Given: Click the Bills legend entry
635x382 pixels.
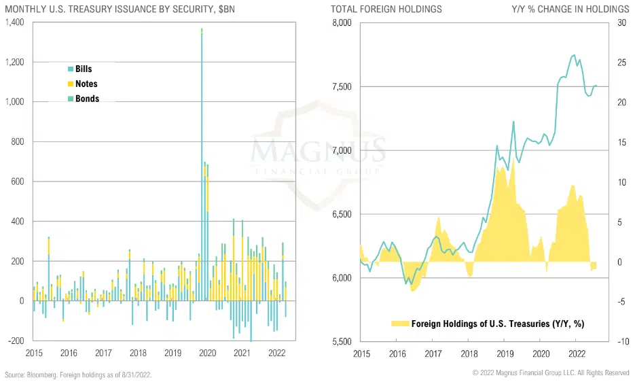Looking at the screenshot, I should point(84,69).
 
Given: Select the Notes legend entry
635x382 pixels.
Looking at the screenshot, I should point(86,84).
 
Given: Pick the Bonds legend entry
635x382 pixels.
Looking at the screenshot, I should point(87,99).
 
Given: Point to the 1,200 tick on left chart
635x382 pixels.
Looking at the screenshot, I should point(14,63).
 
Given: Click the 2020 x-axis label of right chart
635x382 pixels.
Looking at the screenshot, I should point(541,354).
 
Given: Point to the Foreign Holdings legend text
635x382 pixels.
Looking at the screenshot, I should point(497,324).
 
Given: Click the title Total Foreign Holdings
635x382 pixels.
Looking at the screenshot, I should point(386,9).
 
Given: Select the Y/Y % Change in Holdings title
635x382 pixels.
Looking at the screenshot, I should point(570,9).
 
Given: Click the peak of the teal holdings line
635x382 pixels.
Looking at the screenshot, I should point(574,55).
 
